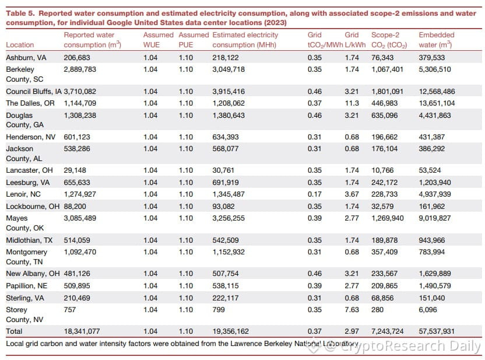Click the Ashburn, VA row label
[26, 58]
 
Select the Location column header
[20, 44]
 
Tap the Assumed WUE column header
[158, 40]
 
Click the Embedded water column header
[437, 40]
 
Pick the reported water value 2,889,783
[80, 69]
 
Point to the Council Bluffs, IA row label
[34, 92]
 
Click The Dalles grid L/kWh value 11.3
[352, 103]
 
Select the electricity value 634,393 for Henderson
[226, 137]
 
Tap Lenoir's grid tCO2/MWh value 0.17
[315, 194]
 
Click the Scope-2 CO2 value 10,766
[382, 170]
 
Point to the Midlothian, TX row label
[29, 240]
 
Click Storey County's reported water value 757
[69, 310]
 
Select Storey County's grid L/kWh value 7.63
[352, 310]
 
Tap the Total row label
[14, 331]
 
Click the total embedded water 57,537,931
[437, 331]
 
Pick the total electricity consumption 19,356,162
[230, 331]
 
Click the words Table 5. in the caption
[20, 13]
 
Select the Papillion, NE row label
[27, 286]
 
